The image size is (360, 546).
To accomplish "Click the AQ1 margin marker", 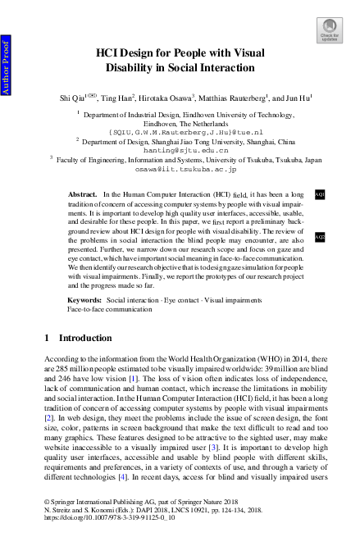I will tap(320, 193).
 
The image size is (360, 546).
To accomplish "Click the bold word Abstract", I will tap(83, 194).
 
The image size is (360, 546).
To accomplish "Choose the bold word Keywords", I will tap(84, 302).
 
